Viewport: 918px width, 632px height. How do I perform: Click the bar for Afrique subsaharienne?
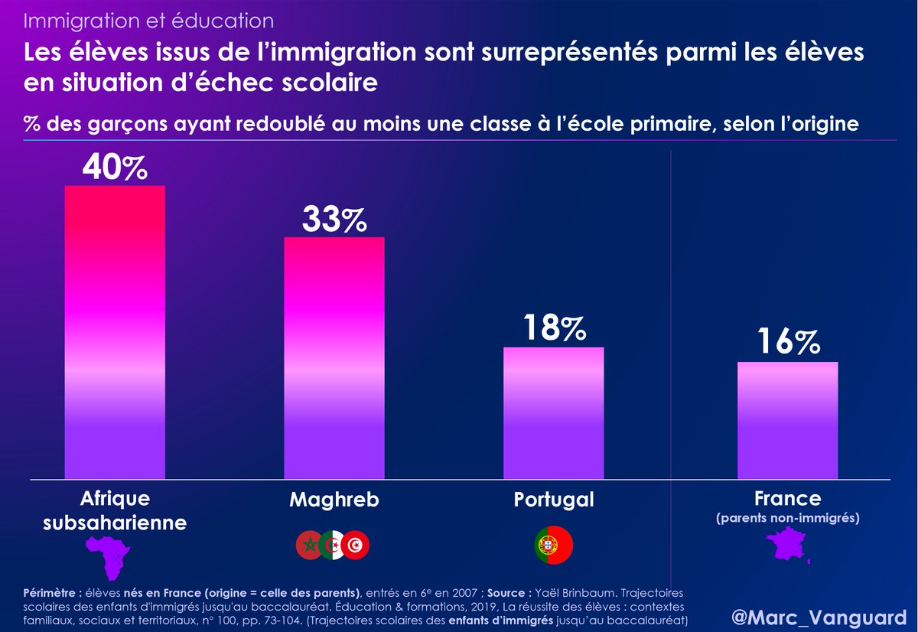coord(115,333)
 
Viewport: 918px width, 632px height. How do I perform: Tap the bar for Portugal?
coord(553,413)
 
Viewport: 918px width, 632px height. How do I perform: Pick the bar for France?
coord(787,421)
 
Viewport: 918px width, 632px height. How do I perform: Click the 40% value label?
coord(115,168)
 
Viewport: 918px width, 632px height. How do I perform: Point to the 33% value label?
coord(334,220)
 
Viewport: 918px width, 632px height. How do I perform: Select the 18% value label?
coord(555,328)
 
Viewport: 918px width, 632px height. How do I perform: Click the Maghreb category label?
coord(334,500)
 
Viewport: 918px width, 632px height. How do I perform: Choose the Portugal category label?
coord(554,500)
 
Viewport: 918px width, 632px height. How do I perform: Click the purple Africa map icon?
coord(109,557)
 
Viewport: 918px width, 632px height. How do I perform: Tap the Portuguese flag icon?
coord(553,545)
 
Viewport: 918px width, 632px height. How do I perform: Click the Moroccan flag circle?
coord(309,544)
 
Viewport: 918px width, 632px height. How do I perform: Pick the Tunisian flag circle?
coord(356,544)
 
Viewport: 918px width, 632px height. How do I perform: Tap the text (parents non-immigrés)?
coord(788,519)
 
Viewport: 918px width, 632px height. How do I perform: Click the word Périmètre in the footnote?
coord(47,592)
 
